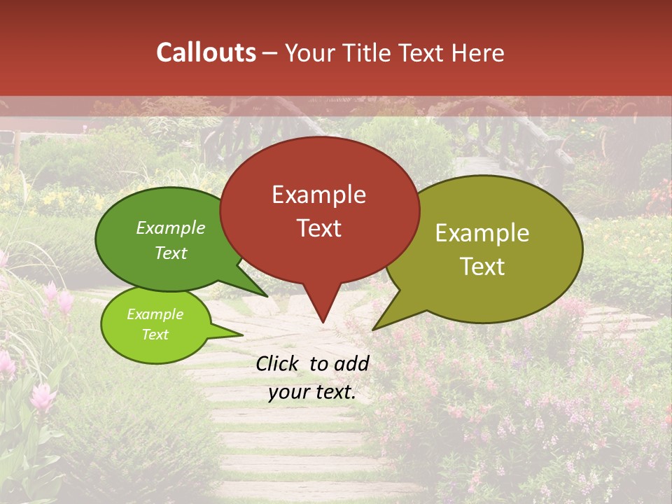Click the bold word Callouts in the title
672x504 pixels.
click(x=206, y=52)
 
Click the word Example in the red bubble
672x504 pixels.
click(x=318, y=195)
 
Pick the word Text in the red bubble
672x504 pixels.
click(x=318, y=228)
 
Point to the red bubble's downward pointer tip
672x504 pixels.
click(x=323, y=322)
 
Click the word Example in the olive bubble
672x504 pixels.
click(x=482, y=234)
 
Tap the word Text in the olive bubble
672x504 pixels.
click(x=482, y=267)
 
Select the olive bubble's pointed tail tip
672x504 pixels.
click(x=373, y=329)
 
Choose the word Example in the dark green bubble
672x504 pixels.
click(x=171, y=228)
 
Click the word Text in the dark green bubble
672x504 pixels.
click(x=171, y=253)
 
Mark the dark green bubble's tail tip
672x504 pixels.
click(x=267, y=296)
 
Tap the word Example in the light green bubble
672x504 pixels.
click(x=155, y=315)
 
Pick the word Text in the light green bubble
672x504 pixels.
click(x=155, y=335)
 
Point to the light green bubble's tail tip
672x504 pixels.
click(x=243, y=335)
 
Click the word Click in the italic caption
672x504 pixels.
click(x=278, y=363)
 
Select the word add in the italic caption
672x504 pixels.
click(x=352, y=363)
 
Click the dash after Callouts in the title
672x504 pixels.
click(x=270, y=53)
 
